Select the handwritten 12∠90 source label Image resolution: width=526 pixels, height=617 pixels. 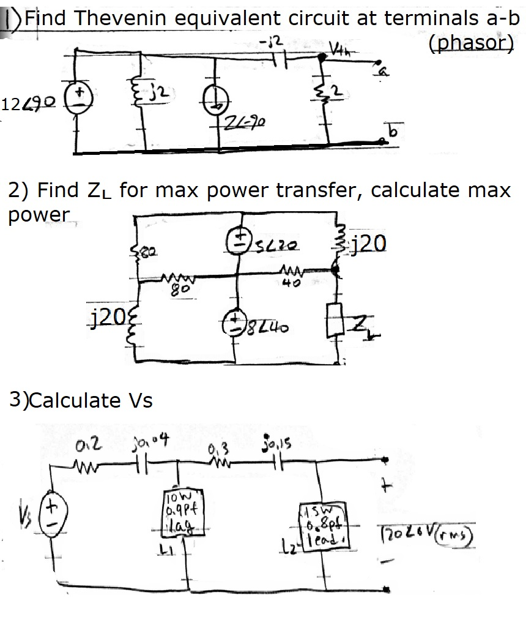pos(29,103)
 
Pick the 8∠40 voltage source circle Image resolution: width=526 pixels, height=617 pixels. pos(236,323)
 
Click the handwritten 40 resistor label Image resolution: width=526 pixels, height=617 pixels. pos(286,283)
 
